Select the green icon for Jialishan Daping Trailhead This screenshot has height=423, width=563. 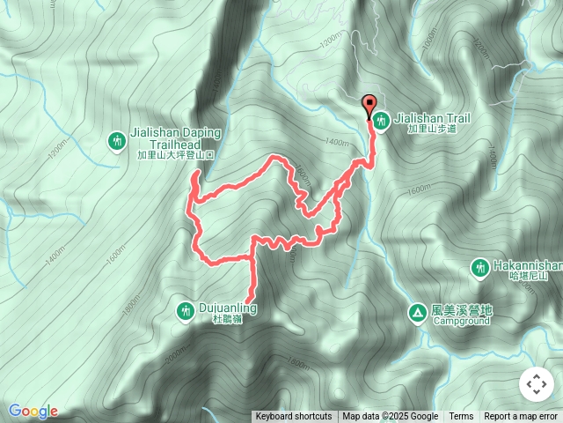[116, 140]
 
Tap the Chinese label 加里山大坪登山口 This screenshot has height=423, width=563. [175, 155]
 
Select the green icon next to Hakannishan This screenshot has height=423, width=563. [479, 266]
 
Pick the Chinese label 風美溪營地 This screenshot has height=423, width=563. [462, 310]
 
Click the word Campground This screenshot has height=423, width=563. [462, 322]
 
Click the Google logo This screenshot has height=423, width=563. [33, 411]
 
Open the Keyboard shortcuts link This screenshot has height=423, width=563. [294, 417]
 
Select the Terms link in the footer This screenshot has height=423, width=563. [461, 417]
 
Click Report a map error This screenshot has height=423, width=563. [522, 417]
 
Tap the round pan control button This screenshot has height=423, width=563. [535, 384]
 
